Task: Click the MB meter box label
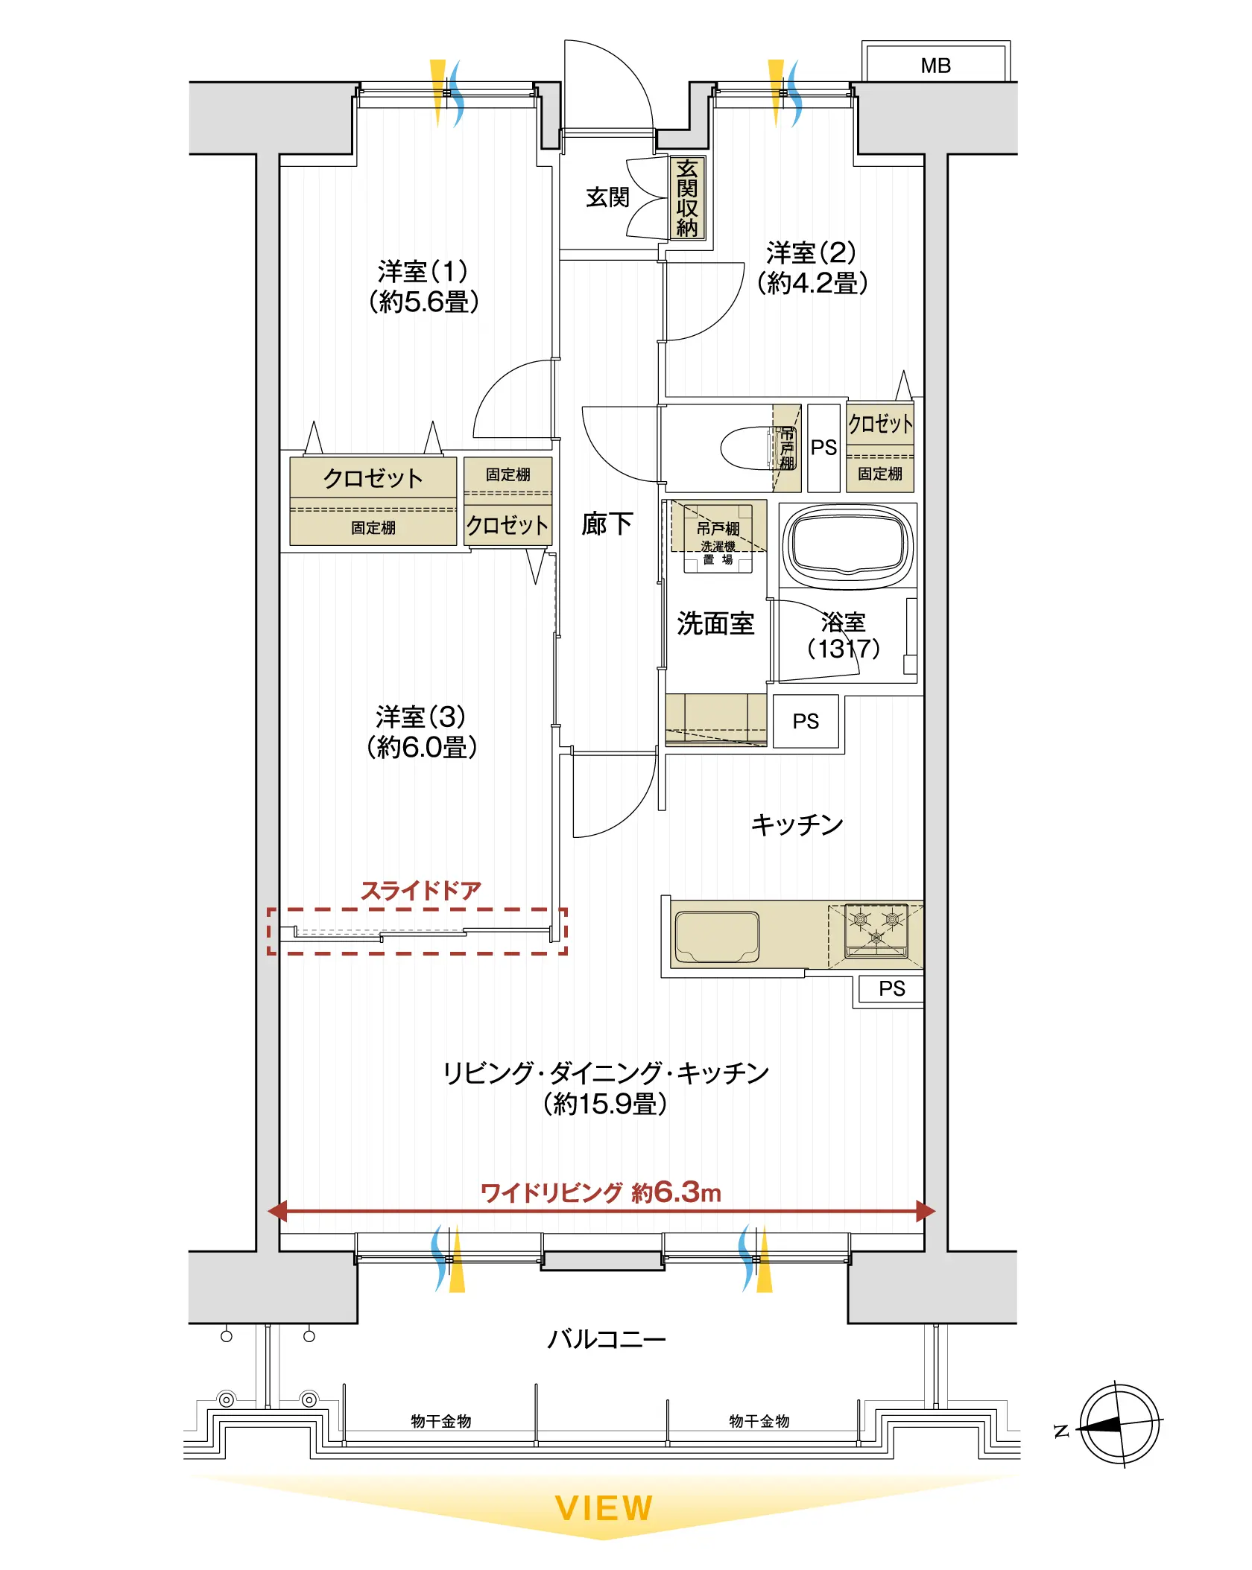935,66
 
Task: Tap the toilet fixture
757,448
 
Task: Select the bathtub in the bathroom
848,546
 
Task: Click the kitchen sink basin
716,936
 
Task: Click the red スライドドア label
421,890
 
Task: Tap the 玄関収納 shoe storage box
686,198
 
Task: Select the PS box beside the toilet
823,448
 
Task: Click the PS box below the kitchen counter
891,989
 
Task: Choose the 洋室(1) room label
423,286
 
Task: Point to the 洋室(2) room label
812,267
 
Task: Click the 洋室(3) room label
421,731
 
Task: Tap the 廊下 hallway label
607,524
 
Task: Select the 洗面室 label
715,623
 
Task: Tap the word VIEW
604,1508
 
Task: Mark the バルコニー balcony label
606,1340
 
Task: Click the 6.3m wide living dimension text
601,1192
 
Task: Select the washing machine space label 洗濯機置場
718,553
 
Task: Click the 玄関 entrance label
607,197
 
